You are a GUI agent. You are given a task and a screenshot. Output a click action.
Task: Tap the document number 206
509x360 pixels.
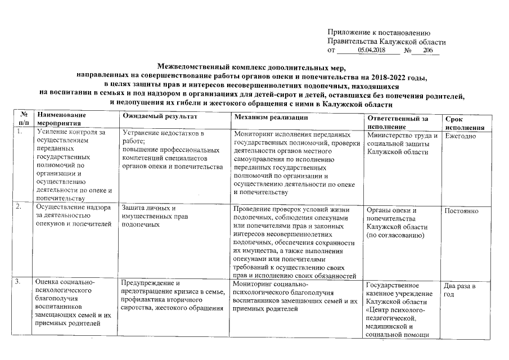(428, 51)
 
